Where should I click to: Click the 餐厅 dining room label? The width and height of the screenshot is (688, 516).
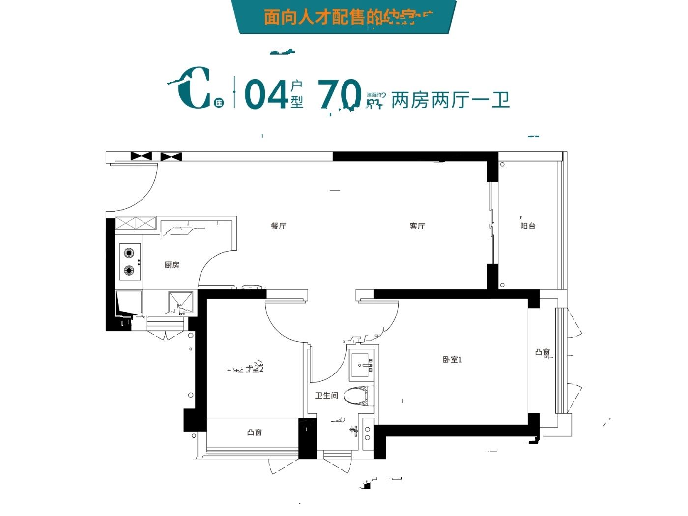(278, 226)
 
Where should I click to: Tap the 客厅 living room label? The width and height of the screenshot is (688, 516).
(417, 226)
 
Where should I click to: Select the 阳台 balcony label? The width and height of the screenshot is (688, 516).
(528, 226)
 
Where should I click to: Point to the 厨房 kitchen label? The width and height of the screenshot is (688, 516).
(172, 265)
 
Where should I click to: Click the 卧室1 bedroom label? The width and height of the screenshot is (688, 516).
(452, 360)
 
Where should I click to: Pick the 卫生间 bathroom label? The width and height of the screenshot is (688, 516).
(327, 395)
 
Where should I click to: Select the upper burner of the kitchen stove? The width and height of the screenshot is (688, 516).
(129, 253)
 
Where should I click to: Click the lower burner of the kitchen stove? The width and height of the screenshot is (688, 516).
(129, 270)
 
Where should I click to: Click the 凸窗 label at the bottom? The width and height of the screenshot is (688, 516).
(255, 433)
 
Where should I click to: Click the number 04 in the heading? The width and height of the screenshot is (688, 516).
(266, 94)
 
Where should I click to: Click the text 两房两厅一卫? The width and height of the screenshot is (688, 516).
(450, 100)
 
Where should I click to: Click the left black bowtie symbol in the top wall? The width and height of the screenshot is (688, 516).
(141, 156)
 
